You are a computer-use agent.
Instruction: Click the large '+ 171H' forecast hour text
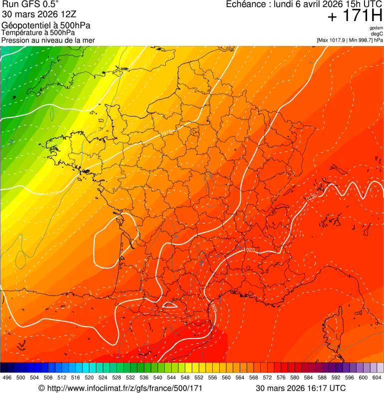355,16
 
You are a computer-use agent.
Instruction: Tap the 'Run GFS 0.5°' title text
30,4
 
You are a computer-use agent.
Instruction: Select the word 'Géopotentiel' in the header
24,25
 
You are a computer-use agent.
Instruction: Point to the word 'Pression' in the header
15,40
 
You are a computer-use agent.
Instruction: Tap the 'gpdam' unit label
376,28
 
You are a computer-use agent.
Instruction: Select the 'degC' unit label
377,34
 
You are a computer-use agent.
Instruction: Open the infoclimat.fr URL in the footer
124,388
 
